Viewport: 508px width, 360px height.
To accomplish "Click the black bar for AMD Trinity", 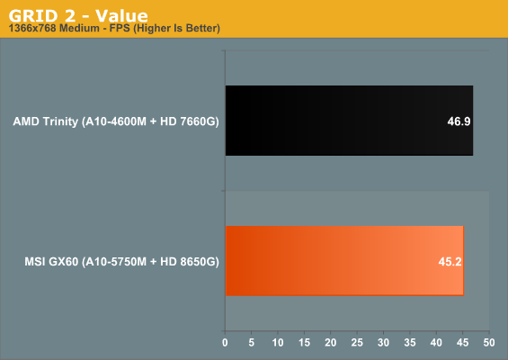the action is pos(349,121).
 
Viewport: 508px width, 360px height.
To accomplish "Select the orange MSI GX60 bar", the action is pos(344,261).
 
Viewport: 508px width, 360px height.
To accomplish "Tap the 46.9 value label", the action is pos(459,121).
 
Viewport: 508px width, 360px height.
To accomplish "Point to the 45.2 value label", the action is pos(450,261).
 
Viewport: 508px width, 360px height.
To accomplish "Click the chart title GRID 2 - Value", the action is pos(78,15).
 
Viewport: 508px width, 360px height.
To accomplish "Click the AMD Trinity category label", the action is pos(116,121).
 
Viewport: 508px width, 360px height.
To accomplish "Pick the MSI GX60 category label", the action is pos(121,262).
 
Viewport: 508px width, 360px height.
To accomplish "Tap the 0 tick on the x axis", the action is pos(225,343).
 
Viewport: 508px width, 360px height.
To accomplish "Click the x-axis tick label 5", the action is pos(252,343).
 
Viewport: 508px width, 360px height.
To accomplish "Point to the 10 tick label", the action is pos(278,343).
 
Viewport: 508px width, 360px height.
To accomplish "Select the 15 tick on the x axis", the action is pos(304,343).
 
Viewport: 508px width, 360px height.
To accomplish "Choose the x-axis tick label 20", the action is pos(331,343).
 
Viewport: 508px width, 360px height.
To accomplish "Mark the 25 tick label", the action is pos(357,343).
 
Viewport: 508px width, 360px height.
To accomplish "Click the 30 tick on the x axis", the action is pos(384,343).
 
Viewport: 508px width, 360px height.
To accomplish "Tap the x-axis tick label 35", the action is pos(410,343).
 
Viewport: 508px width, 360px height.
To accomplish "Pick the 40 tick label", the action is pos(436,343).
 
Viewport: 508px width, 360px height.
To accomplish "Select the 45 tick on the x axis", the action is pos(463,343).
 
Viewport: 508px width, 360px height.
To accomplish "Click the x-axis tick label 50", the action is pos(489,343).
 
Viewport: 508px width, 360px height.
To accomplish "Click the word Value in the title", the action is pos(121,15).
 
